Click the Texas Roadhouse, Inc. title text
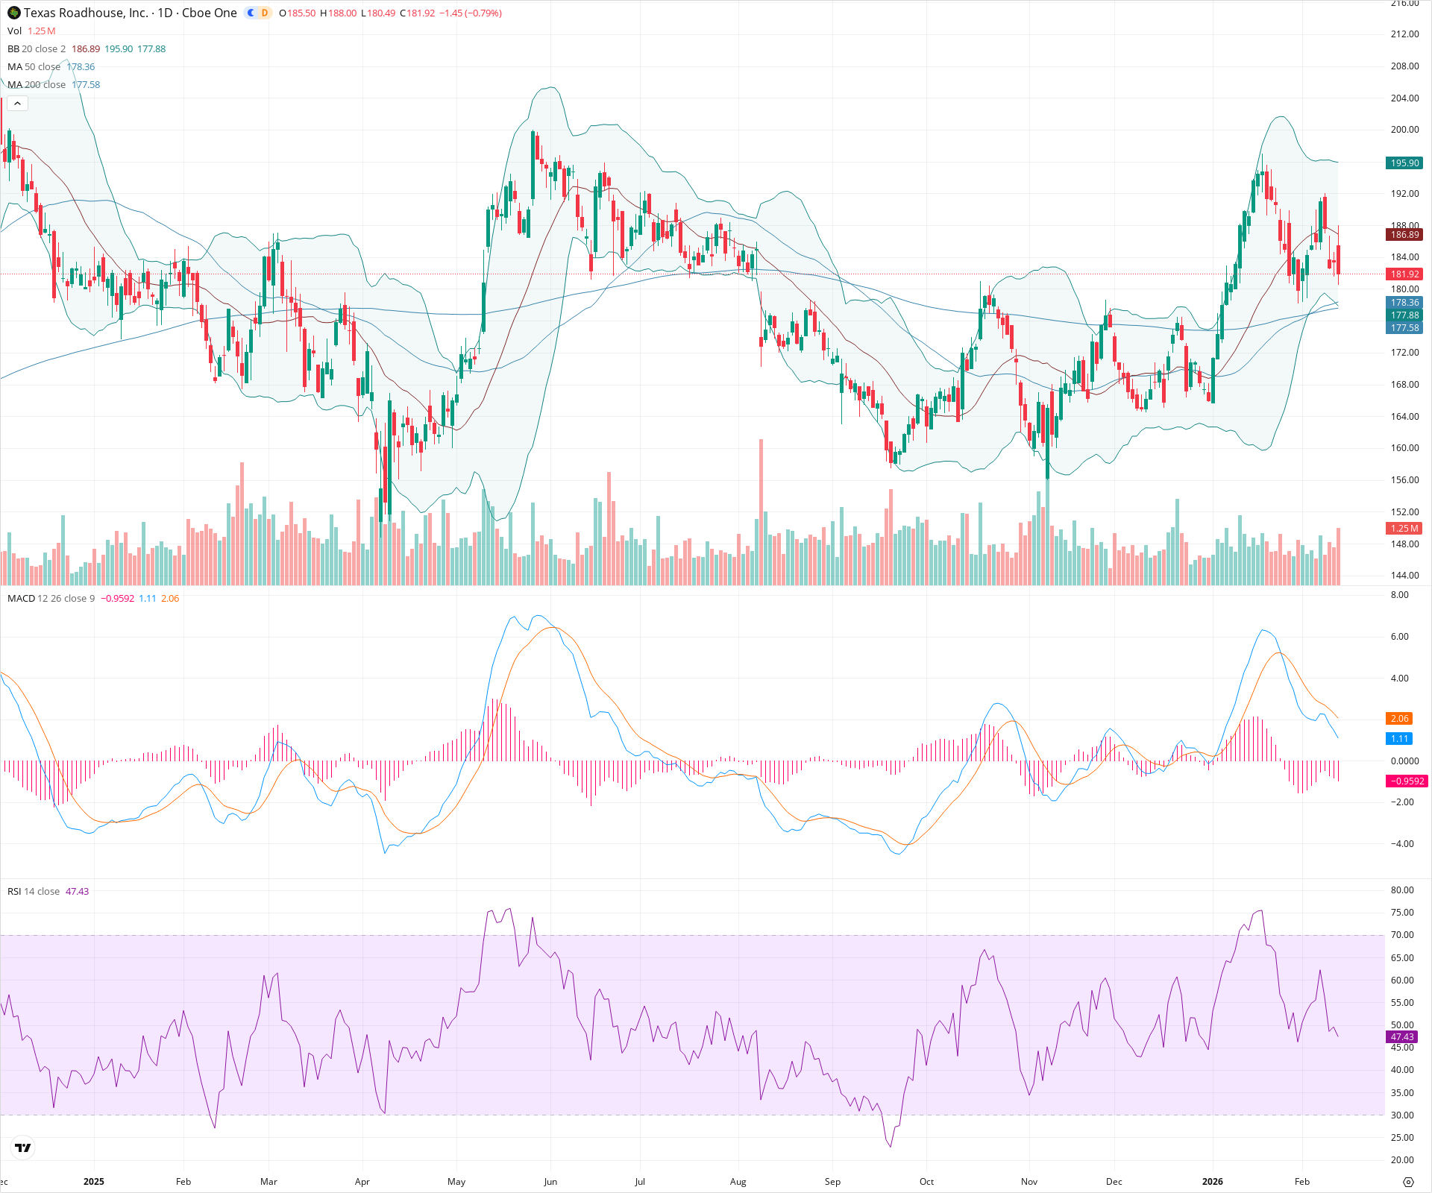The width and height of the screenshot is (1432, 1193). pos(86,13)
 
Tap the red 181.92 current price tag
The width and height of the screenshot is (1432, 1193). pos(1404,274)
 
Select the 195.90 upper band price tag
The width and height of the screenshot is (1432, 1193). pos(1404,163)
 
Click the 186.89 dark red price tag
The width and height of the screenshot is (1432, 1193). pos(1404,235)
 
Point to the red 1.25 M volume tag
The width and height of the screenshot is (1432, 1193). pos(1404,529)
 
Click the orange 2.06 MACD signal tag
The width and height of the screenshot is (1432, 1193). pos(1399,719)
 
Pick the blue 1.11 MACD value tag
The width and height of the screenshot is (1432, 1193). pos(1399,739)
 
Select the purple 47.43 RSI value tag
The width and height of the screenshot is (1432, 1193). pos(1402,1037)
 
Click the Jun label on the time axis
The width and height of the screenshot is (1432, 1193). pos(550,1182)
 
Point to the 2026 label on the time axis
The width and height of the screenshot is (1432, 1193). pos(1213,1182)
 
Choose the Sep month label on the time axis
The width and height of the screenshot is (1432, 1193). pos(832,1182)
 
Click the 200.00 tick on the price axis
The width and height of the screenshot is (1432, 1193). pos(1404,130)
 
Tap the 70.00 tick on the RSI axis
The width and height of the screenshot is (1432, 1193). pos(1402,935)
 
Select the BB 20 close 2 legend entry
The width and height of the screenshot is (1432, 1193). pos(37,49)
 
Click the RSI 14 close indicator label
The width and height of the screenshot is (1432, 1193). pos(34,892)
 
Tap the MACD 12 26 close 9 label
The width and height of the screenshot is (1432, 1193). pos(51,599)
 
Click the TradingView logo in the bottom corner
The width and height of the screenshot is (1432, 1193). pos(23,1148)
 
